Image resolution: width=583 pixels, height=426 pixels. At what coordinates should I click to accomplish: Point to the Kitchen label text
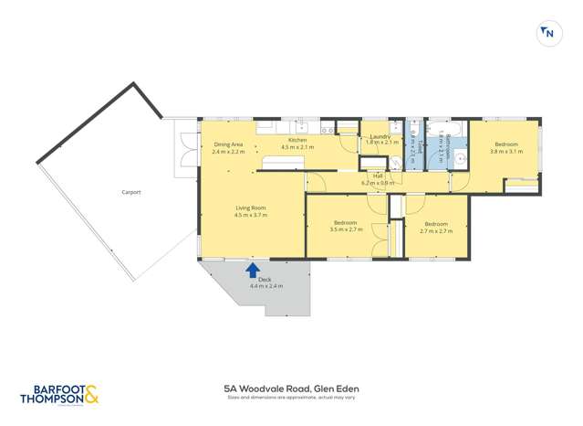pos(297,140)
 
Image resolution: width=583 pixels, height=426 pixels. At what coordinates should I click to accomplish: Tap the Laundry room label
pos(378,137)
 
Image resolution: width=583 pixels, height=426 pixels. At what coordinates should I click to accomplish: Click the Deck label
pos(266,281)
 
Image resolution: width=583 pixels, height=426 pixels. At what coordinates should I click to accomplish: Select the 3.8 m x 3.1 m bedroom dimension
pos(507,151)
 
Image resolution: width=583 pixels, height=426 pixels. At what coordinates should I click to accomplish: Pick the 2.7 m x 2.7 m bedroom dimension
pos(435,230)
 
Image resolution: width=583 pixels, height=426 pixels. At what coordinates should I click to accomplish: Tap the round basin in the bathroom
pos(461,158)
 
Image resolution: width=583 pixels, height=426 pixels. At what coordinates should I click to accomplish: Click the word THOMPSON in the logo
pos(51,399)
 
